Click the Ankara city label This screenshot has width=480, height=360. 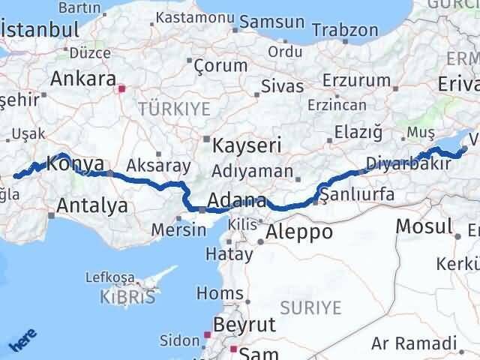82,79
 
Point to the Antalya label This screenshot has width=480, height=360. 92,205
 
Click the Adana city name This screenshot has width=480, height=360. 236,201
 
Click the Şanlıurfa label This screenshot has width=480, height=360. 357,195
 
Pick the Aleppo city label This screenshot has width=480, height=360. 299,231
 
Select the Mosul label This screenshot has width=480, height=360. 424,226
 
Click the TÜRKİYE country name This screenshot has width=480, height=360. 175,109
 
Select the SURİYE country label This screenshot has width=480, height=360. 310,307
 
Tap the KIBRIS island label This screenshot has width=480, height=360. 127,297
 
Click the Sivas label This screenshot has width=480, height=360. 282,87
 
